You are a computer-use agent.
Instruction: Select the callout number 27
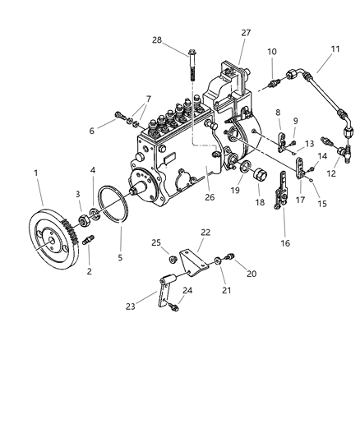[245, 33]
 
